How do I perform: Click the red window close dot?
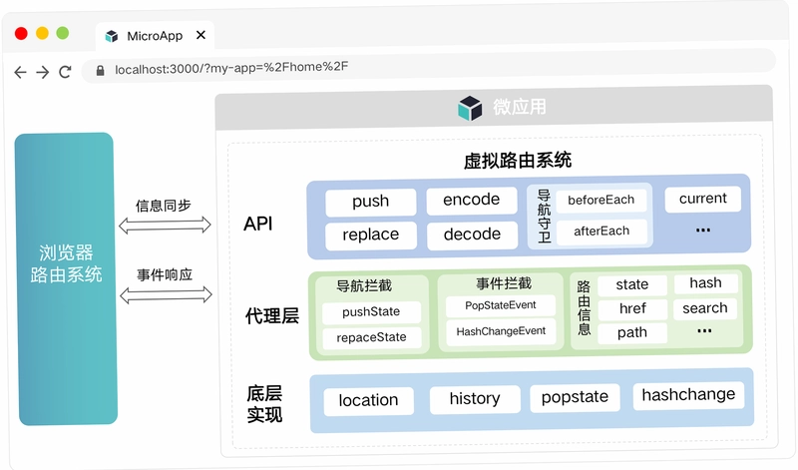21,34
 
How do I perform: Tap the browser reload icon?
65,72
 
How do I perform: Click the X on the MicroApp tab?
201,35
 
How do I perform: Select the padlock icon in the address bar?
101,70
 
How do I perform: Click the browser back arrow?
20,72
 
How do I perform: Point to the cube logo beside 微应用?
470,108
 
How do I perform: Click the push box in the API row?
370,202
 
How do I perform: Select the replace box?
371,235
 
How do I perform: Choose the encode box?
472,201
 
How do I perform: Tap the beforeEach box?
601,201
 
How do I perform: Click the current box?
703,199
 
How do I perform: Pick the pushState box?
371,312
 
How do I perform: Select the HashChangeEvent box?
501,332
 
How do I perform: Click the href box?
632,309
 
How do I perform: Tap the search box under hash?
705,308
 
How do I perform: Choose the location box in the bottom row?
368,401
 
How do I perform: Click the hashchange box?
688,395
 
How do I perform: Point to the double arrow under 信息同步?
165,226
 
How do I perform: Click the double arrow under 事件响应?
166,294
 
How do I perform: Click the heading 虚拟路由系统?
518,161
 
